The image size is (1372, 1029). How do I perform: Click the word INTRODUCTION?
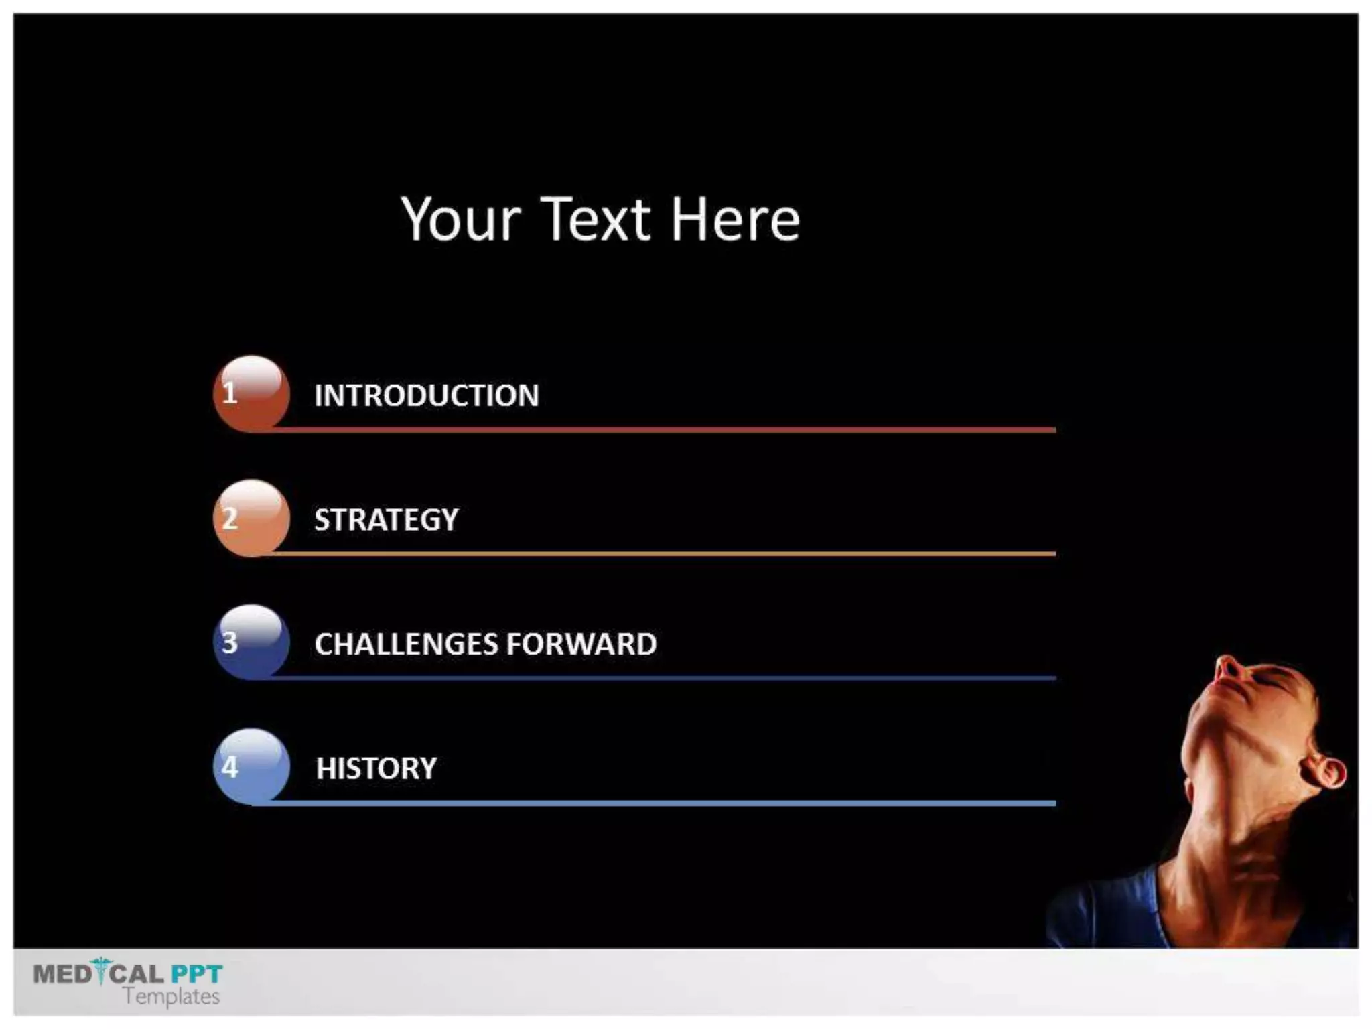426,395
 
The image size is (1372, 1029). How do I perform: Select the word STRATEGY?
387,520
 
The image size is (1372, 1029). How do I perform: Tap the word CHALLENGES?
406,644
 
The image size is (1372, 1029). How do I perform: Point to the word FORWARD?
581,644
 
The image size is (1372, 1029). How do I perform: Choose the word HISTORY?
376,768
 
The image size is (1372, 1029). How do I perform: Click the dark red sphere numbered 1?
251,393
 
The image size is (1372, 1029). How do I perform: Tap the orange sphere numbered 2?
251,518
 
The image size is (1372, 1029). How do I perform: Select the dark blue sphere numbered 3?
251,642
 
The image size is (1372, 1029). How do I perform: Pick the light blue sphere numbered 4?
251,766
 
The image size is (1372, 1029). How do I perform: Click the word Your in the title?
461,220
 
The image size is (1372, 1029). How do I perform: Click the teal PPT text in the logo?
196,973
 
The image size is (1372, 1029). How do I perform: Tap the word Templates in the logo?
171,997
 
